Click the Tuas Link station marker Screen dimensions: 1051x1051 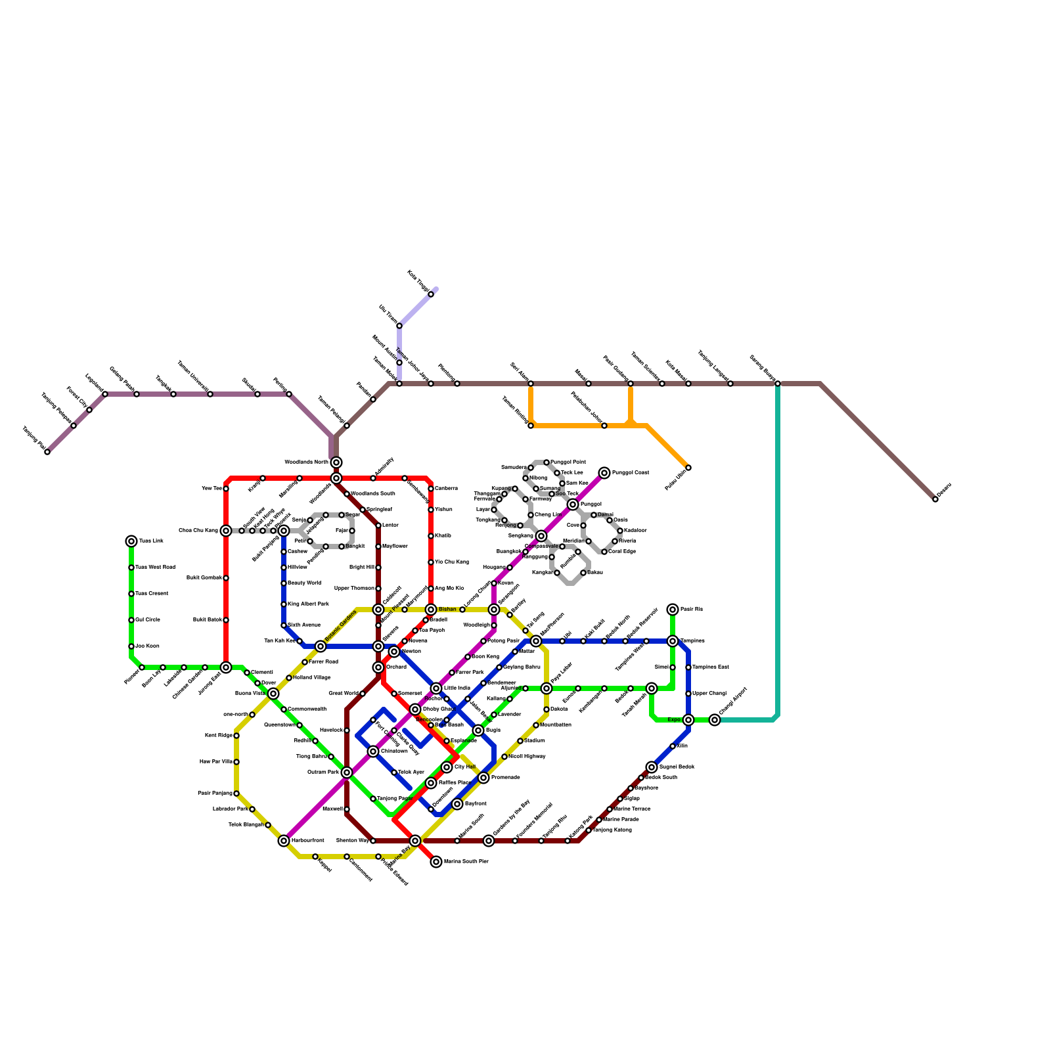(x=131, y=541)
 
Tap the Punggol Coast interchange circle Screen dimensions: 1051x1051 (x=604, y=473)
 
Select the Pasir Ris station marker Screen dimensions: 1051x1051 (x=673, y=610)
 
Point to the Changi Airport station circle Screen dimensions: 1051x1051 (x=715, y=720)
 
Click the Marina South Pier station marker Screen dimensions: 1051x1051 (x=436, y=862)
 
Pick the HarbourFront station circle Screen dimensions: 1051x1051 (x=284, y=841)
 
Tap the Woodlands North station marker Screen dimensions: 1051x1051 (x=336, y=462)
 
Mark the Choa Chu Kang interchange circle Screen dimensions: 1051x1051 (x=226, y=531)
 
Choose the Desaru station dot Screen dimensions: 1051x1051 (x=935, y=499)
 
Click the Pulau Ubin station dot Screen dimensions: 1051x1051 (x=688, y=468)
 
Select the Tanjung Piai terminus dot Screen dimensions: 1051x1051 (x=47, y=452)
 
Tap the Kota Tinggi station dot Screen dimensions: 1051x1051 (x=431, y=294)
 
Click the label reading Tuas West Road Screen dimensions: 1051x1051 (x=155, y=567)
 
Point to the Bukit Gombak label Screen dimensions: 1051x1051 (x=204, y=578)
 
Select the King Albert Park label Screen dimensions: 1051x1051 (x=308, y=604)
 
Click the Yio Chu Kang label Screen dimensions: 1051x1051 (x=451, y=562)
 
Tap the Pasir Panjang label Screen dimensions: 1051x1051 (x=214, y=794)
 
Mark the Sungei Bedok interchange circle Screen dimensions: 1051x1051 (x=652, y=767)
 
